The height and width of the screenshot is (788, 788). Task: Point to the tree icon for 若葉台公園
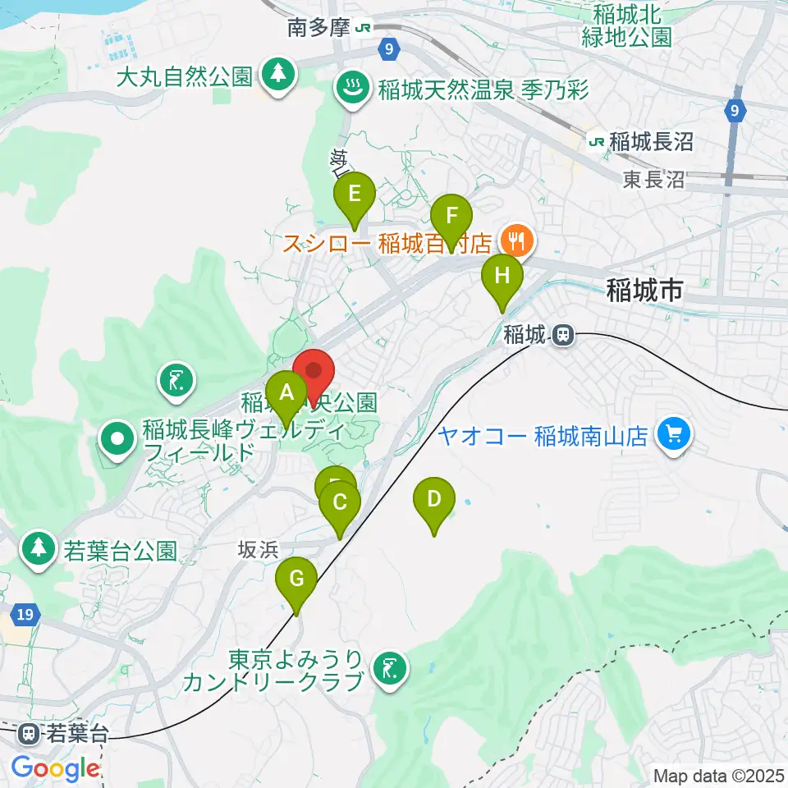coord(39,548)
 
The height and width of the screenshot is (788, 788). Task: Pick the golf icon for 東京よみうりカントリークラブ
coord(389,669)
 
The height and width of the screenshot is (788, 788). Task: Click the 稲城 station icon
coord(562,334)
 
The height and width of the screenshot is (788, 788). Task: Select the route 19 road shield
coord(26,614)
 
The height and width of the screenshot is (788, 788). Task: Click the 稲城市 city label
coord(646,289)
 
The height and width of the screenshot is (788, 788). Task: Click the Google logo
coord(55,769)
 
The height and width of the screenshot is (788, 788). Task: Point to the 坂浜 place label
coord(259,549)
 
